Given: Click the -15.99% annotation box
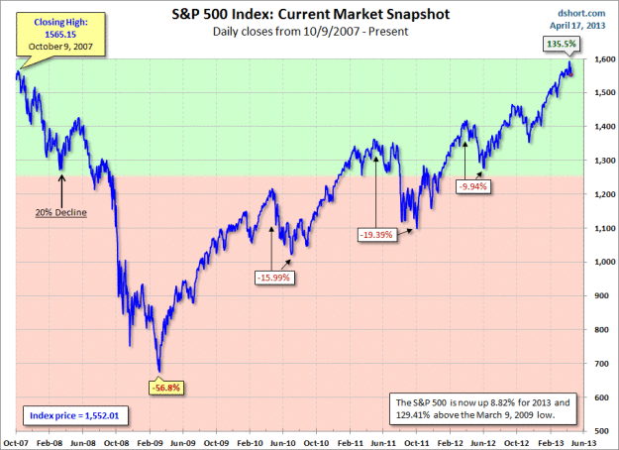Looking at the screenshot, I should pyautogui.click(x=274, y=278).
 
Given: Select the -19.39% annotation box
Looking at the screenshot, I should pyautogui.click(x=374, y=235).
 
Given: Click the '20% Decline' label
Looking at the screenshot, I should pyautogui.click(x=61, y=212).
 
